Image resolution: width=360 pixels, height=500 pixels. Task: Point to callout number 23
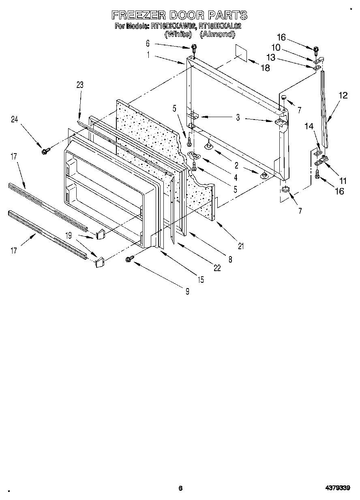79,85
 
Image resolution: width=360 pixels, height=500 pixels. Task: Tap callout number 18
265,68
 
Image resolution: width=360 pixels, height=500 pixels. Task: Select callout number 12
343,96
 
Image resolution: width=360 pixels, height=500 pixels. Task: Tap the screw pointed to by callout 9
131,258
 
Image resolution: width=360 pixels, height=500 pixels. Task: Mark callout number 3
238,118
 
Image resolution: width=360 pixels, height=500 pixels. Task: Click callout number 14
309,126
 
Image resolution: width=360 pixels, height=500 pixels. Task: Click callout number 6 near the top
148,43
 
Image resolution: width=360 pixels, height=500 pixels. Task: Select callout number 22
217,268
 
